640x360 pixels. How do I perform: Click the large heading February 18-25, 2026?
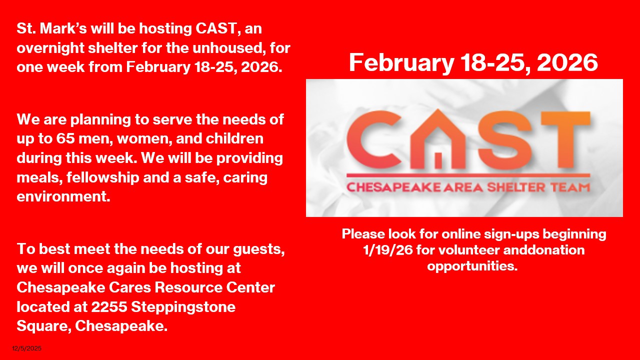(x=473, y=63)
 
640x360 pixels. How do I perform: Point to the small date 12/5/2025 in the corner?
(x=27, y=348)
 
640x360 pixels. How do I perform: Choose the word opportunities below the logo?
(x=472, y=265)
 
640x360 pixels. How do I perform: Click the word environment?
(x=63, y=196)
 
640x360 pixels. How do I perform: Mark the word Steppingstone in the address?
(x=183, y=306)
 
